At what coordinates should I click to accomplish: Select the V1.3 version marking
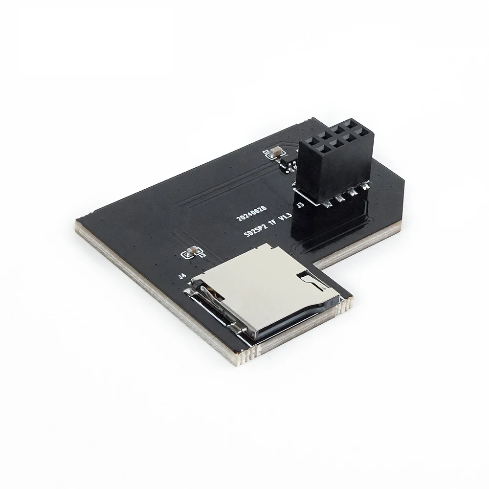click(285, 216)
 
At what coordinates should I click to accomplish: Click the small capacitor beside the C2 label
click(276, 152)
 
